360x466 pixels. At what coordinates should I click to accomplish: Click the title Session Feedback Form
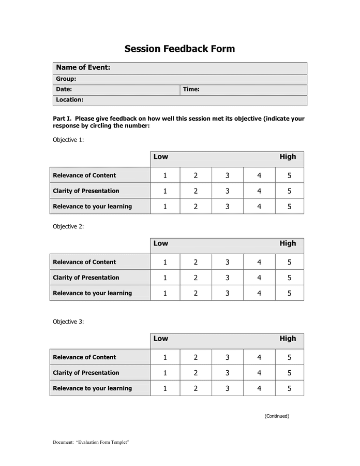click(x=179, y=49)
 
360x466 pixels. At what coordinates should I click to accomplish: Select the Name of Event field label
click(x=83, y=68)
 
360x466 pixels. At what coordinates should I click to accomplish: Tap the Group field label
click(x=66, y=79)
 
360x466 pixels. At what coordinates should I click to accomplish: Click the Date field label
click(x=64, y=90)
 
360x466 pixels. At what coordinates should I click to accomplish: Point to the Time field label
click(x=191, y=90)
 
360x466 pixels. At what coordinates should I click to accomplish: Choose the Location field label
click(x=69, y=100)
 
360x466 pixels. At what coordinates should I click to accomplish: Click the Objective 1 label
click(x=68, y=140)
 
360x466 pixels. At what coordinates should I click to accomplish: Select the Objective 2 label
click(x=68, y=227)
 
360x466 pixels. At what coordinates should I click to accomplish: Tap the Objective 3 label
click(x=68, y=322)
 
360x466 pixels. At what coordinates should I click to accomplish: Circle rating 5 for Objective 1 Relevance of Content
click(x=289, y=176)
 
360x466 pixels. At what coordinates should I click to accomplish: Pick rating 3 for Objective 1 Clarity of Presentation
click(x=227, y=191)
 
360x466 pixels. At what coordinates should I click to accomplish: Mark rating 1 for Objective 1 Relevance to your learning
click(x=165, y=207)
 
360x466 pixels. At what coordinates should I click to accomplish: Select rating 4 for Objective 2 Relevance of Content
click(x=259, y=263)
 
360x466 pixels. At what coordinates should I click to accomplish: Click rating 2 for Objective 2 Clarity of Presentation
click(x=196, y=278)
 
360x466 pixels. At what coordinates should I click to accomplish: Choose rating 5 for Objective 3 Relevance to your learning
click(x=289, y=388)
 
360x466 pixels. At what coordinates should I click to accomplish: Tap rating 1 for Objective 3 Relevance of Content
click(x=165, y=357)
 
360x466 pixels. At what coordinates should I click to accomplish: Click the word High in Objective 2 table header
click(x=288, y=243)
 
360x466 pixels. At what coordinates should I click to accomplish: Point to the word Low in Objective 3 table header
click(x=160, y=339)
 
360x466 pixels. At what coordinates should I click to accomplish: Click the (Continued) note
click(x=277, y=416)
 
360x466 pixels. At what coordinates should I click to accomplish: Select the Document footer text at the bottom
click(x=91, y=443)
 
